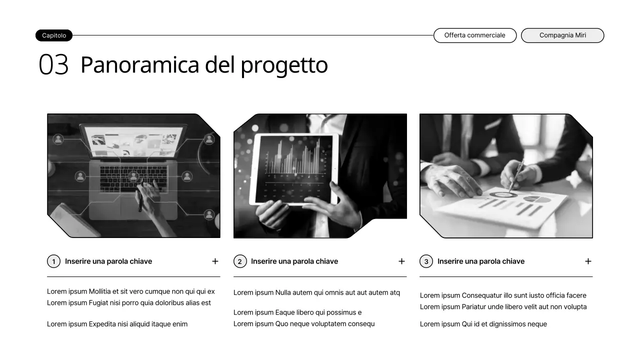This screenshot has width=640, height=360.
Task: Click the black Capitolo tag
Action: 54,35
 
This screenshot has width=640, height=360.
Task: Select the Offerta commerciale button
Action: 474,35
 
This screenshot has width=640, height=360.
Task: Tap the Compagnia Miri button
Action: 562,35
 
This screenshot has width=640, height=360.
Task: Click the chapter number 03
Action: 53,65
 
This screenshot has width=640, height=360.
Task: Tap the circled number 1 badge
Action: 53,261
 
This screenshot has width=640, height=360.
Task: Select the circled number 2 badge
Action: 240,261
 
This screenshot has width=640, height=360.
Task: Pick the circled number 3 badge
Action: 426,261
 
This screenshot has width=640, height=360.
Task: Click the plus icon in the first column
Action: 215,261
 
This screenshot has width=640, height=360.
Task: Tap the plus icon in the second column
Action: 401,261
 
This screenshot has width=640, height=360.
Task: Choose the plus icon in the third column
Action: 588,261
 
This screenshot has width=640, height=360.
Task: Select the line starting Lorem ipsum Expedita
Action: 117,324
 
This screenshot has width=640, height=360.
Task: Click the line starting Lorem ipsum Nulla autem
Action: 316,292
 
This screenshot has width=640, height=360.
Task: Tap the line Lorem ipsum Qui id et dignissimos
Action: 483,324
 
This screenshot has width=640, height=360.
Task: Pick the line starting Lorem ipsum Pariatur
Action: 503,306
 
